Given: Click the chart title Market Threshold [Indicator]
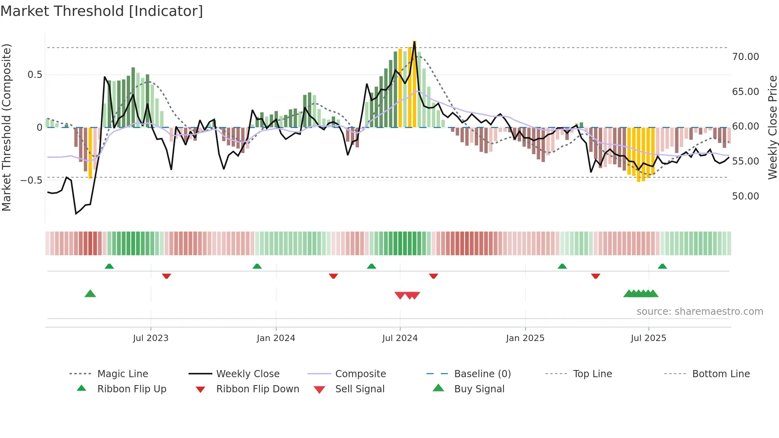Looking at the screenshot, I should (x=102, y=11).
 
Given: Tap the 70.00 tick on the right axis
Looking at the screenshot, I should (x=745, y=57).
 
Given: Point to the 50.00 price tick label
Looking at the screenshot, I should (x=745, y=196).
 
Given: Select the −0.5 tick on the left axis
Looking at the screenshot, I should (x=31, y=180).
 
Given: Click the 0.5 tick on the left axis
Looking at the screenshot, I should (x=35, y=75).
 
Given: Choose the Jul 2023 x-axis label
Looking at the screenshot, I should (x=151, y=338).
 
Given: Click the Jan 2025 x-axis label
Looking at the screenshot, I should (x=525, y=338).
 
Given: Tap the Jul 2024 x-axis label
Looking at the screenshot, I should (x=400, y=338).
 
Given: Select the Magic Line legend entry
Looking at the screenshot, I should (x=122, y=374).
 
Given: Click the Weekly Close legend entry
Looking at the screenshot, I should (x=248, y=374).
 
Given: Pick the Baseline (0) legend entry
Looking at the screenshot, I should (x=482, y=374).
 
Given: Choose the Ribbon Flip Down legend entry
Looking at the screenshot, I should (x=258, y=389).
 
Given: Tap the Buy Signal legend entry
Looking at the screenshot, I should (x=479, y=389).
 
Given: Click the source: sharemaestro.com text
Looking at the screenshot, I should (x=700, y=312).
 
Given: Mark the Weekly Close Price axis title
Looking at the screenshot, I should (x=772, y=127).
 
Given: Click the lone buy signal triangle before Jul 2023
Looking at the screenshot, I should (x=90, y=294).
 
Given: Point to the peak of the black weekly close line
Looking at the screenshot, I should (x=415, y=42).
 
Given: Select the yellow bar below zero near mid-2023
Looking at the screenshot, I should (x=90, y=153).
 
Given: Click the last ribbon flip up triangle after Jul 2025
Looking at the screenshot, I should (x=662, y=266).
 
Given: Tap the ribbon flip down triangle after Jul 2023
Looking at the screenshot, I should (x=167, y=276).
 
